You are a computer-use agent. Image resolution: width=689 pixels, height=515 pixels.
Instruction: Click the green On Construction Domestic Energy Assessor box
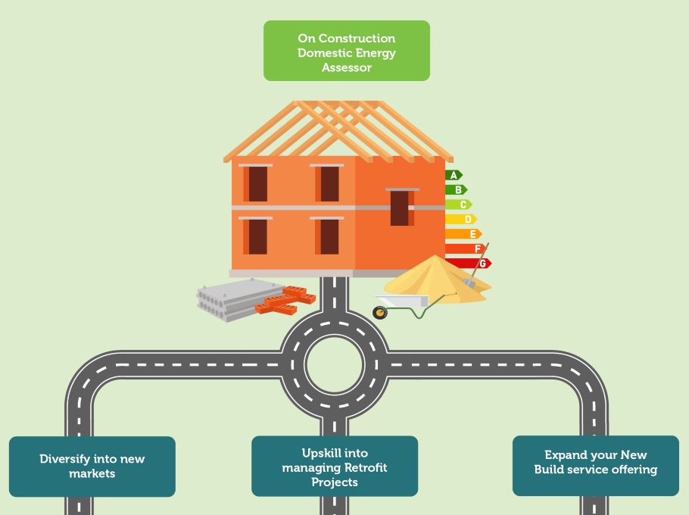point(346,51)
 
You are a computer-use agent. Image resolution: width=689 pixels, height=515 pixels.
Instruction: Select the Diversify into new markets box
point(92,466)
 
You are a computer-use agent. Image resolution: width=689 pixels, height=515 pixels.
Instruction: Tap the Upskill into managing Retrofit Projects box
point(334,467)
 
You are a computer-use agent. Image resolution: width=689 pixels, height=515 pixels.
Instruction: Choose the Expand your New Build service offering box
point(595,462)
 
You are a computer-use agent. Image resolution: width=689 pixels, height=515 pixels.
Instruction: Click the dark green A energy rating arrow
point(453,175)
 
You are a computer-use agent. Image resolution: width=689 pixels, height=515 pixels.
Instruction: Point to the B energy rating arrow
point(456,189)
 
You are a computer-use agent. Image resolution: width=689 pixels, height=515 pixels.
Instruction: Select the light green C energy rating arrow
point(458,204)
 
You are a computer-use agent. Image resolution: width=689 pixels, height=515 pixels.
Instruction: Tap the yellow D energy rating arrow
point(460,219)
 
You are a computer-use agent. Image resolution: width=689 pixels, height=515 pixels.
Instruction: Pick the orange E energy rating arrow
point(463,234)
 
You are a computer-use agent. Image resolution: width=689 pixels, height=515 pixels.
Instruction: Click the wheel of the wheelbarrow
point(380,312)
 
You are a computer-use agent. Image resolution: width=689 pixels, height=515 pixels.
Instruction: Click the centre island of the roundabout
point(335,364)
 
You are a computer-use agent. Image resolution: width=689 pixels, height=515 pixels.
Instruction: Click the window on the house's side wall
point(400,208)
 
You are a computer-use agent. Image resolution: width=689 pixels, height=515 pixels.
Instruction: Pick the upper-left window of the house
point(257,183)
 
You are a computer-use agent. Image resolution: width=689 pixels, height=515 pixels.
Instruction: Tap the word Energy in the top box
point(376,53)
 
